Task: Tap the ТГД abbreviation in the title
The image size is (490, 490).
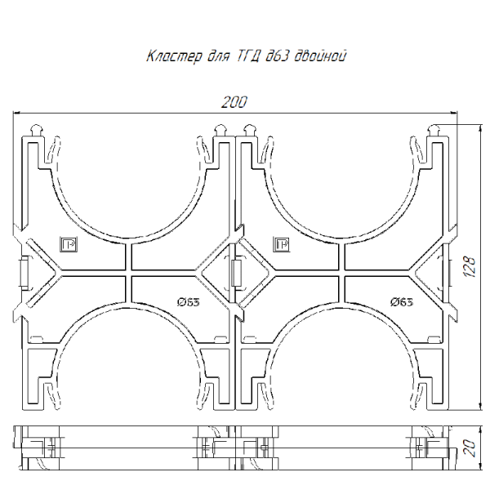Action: [247, 56]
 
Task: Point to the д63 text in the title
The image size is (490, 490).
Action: [276, 56]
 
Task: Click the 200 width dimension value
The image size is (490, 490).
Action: [234, 102]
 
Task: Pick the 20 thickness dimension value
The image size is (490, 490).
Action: [470, 448]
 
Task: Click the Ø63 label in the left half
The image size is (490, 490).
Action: [188, 302]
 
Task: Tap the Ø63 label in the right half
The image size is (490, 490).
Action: [402, 302]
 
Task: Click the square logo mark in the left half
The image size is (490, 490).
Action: [69, 244]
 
